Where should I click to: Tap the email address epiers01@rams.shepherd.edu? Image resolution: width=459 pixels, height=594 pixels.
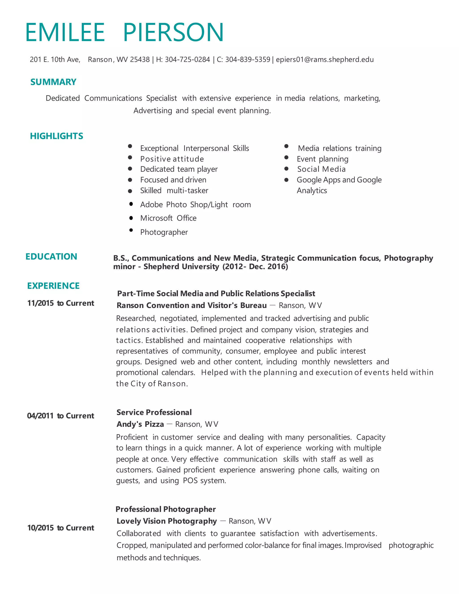325,60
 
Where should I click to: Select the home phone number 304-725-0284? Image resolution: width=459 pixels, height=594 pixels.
187,60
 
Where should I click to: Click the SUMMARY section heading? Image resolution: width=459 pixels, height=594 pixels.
53,82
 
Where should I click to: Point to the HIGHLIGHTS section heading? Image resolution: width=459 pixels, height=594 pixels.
56,136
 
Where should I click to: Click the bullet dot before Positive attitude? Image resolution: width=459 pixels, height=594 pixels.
130,158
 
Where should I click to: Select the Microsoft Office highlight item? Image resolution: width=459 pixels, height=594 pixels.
168,218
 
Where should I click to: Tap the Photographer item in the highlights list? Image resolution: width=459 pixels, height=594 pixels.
164,232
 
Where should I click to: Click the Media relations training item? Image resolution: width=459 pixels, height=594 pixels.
340,148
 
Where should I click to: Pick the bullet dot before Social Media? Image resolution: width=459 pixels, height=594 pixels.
286,169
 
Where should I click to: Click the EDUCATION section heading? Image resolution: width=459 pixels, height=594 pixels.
51,256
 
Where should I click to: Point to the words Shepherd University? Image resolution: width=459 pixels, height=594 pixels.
181,267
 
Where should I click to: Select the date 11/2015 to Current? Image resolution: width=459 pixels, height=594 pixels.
61,303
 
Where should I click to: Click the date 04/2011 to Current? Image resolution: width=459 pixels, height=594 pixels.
61,416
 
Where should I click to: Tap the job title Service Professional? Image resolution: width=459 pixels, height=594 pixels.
154,412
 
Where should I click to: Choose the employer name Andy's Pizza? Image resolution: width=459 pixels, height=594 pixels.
140,424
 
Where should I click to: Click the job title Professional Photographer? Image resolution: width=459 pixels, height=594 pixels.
166,509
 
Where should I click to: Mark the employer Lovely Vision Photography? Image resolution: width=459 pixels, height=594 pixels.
167,521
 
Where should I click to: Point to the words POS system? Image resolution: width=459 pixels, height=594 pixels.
204,481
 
